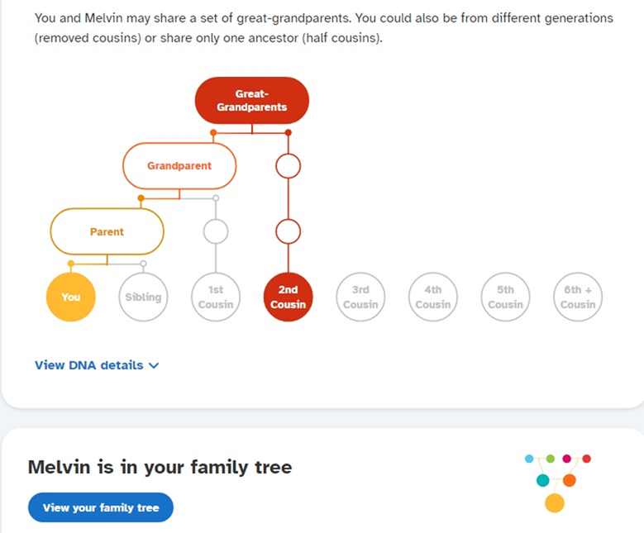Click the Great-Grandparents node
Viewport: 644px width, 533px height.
[x=252, y=101]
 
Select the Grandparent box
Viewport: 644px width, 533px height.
[x=179, y=165]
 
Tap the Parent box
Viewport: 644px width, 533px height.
[x=107, y=231]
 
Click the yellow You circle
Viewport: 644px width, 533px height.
[x=71, y=297]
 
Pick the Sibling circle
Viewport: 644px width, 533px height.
[x=143, y=297]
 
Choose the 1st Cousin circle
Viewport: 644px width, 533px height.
[x=216, y=297]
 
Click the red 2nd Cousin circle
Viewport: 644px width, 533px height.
[x=288, y=297]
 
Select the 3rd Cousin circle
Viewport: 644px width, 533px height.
[x=360, y=297]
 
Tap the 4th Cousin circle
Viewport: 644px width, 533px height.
[x=433, y=297]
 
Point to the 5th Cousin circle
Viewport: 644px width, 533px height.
[x=506, y=297]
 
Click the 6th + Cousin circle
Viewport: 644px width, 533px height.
[x=578, y=297]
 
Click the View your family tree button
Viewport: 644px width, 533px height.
[x=101, y=507]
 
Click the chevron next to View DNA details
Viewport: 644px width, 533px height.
[x=154, y=365]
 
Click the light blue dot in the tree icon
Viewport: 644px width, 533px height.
[x=529, y=459]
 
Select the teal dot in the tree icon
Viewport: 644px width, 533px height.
[x=543, y=480]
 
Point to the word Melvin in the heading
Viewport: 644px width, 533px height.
[x=59, y=467]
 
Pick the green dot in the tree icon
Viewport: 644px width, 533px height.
[x=551, y=459]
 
